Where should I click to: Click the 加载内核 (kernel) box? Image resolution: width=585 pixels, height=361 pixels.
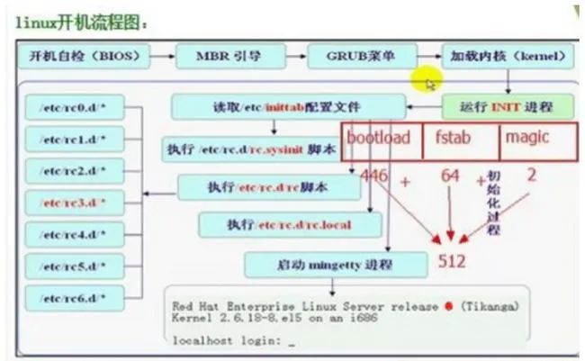[508, 58]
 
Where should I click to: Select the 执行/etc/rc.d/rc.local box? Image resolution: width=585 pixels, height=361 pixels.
[274, 223]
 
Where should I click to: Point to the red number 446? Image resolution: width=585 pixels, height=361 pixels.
[373, 176]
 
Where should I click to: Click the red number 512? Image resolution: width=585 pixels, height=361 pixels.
[452, 262]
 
